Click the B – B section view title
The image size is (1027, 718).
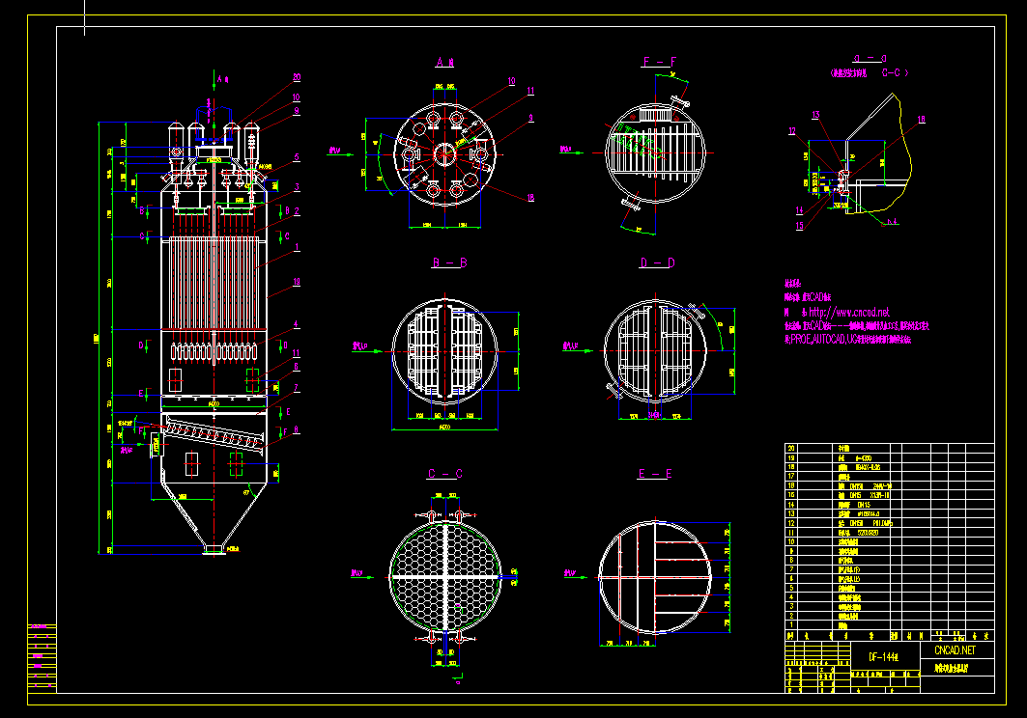tap(450, 262)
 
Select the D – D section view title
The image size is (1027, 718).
tap(657, 262)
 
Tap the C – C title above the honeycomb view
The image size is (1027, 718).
tap(444, 474)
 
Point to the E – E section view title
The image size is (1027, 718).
tap(654, 474)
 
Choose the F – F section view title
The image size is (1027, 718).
tap(660, 63)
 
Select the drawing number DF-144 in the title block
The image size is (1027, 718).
tap(883, 657)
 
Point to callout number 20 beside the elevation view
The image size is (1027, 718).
tap(297, 77)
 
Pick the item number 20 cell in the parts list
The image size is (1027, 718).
tap(792, 449)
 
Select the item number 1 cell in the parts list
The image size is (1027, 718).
tap(791, 625)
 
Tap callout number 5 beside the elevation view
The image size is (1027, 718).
tap(297, 156)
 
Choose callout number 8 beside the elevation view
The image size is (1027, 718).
tap(297, 430)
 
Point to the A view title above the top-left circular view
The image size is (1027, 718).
tap(444, 63)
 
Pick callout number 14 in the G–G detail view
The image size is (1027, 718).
tap(799, 209)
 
